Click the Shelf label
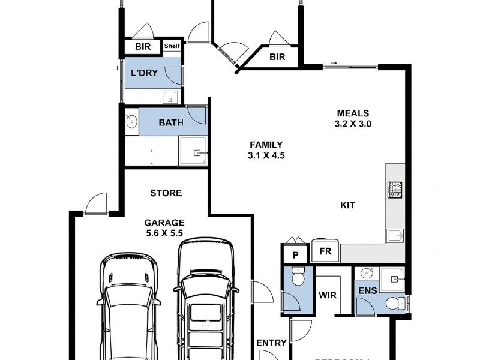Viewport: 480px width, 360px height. [x=172, y=46]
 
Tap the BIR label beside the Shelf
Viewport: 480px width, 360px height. [x=142, y=47]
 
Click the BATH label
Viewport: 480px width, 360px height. [x=171, y=123]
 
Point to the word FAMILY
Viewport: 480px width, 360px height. [x=266, y=145]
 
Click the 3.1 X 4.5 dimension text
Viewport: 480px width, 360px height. [x=266, y=155]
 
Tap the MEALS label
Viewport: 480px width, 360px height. [x=353, y=113]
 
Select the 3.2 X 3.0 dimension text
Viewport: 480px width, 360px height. [x=353, y=124]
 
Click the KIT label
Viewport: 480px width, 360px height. [x=347, y=205]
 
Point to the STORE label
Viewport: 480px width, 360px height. [x=166, y=193]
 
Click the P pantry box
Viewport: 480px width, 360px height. [x=295, y=254]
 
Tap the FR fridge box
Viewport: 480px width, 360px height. [x=326, y=252]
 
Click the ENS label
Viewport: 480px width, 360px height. [x=367, y=291]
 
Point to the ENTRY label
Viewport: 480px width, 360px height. [x=271, y=343]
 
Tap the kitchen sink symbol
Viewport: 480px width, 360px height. [x=395, y=234]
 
